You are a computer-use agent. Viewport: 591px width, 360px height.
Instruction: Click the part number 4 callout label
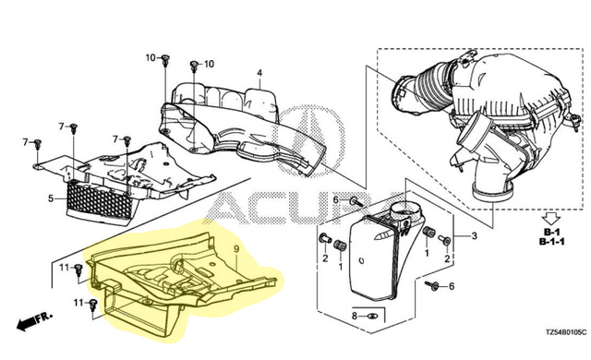[x=259, y=72]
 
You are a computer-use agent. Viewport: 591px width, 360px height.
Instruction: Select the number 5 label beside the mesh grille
[x=51, y=198]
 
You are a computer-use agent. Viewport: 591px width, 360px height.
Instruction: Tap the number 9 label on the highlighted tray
[x=236, y=248]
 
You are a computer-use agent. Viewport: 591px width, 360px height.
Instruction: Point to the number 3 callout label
[x=474, y=236]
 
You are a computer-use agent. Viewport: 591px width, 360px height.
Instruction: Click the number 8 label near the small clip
[x=355, y=316]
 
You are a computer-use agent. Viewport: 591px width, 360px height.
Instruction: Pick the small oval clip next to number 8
[x=371, y=316]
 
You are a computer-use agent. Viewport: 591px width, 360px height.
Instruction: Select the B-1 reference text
[x=551, y=232]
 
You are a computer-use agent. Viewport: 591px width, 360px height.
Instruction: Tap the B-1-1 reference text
[x=551, y=242]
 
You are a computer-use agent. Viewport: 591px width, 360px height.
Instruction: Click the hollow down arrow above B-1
[x=551, y=219]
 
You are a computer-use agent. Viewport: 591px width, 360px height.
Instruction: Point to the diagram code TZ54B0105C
[x=566, y=332]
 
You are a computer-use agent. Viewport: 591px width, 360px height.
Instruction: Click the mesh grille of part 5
[x=100, y=202]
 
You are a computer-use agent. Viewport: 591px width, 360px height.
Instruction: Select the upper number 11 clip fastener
[x=78, y=270]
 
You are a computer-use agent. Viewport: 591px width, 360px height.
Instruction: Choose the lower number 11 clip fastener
[x=92, y=305]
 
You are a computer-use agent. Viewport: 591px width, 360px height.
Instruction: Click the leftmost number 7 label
[x=26, y=142]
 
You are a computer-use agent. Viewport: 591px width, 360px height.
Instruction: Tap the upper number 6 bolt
[x=356, y=201]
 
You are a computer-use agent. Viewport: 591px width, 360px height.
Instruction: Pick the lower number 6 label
[x=452, y=286]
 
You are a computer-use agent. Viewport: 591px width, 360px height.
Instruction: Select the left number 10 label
[x=151, y=57]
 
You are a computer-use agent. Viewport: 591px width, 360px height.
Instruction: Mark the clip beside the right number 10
[x=194, y=66]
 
